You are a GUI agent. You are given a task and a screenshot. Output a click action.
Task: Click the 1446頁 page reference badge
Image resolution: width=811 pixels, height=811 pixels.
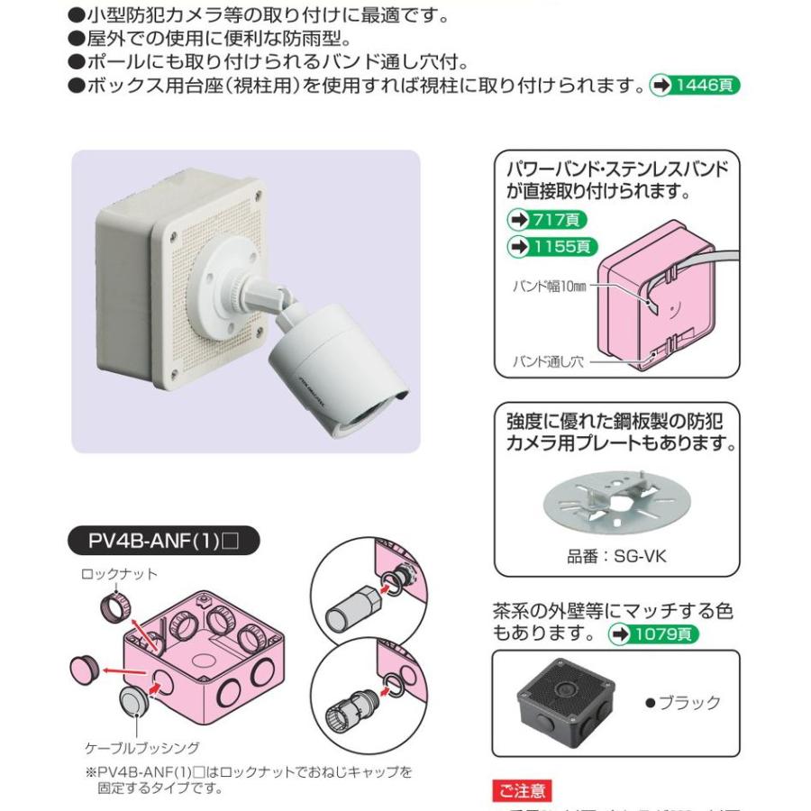click(x=695, y=86)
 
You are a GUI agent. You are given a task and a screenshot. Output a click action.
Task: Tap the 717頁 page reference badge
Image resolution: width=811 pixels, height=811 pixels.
click(x=549, y=219)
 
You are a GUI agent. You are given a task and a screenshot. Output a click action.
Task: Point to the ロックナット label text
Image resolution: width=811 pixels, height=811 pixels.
click(x=119, y=573)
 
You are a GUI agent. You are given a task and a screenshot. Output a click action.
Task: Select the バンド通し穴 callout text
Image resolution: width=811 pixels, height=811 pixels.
click(x=550, y=360)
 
